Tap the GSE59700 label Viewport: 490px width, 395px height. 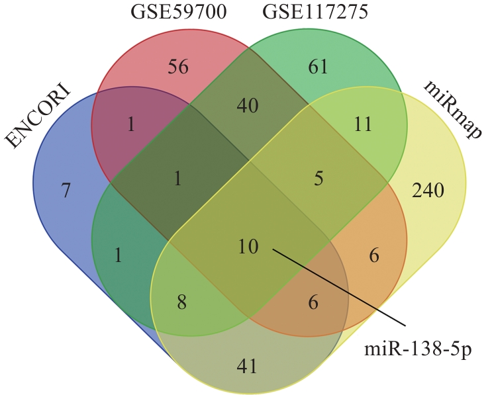point(178,13)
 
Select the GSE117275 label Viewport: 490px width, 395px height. point(315,13)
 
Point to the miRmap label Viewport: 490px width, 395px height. point(452,110)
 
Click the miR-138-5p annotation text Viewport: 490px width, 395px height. point(418,349)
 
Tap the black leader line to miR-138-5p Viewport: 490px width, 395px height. point(339,288)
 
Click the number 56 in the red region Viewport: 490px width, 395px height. point(178,67)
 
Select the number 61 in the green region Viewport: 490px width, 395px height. point(318,67)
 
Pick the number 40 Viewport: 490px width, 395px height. point(248,106)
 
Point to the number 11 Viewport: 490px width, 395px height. point(363,124)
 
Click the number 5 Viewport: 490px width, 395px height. point(318,179)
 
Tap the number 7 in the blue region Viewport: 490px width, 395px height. point(66,191)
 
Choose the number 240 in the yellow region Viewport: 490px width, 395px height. point(428,191)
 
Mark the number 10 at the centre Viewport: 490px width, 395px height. point(248,246)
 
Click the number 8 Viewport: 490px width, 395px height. point(181,302)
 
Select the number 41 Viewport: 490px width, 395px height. point(247,366)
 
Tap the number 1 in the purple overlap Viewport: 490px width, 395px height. point(131,124)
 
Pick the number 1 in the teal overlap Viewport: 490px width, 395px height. point(118,255)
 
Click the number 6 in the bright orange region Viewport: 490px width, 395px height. point(374,256)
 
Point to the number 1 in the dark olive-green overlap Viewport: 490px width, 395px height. point(177,179)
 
